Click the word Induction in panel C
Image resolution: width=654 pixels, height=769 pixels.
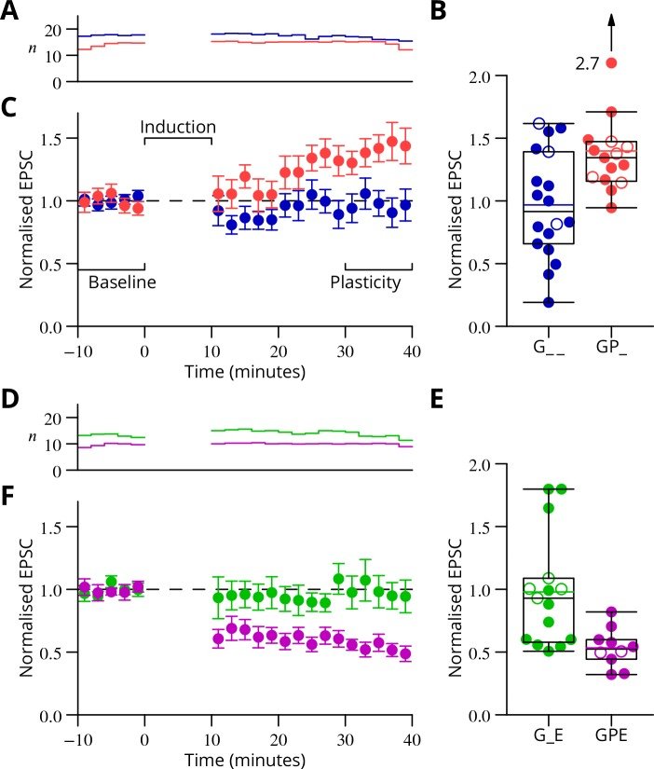coord(178,126)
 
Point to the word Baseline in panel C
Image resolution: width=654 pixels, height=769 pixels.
coord(121,282)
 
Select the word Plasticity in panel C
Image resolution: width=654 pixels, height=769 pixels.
coord(366,282)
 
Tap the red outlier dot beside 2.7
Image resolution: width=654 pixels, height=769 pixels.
coord(611,62)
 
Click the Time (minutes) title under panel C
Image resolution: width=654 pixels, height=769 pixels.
coord(245,373)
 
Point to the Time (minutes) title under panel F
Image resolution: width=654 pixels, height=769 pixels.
coord(245,761)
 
